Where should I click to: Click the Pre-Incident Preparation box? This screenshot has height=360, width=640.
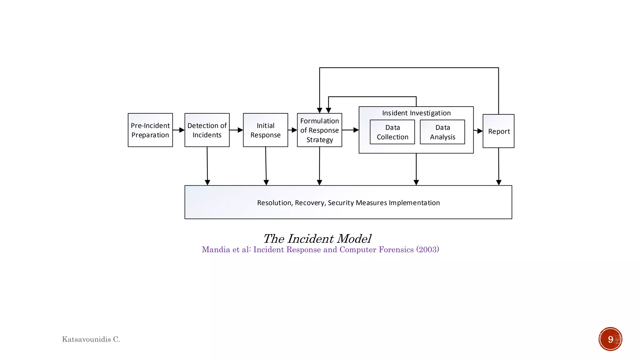150,130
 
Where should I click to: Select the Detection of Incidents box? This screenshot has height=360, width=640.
207,130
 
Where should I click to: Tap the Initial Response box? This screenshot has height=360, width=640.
265,130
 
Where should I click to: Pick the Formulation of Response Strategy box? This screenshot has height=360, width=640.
319,130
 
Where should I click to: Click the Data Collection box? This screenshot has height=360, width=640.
392,132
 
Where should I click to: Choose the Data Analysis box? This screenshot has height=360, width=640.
442,132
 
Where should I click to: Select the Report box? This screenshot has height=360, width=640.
498,131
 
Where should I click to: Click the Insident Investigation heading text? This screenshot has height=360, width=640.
416,113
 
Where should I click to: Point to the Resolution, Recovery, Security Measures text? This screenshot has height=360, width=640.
348,203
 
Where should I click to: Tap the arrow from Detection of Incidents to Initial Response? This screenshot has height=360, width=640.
237,130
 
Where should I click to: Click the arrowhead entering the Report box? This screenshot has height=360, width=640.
480,131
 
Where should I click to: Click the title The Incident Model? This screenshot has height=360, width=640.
317,239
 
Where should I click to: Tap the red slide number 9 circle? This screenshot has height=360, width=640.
610,339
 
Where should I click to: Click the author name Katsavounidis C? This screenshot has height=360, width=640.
91,339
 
